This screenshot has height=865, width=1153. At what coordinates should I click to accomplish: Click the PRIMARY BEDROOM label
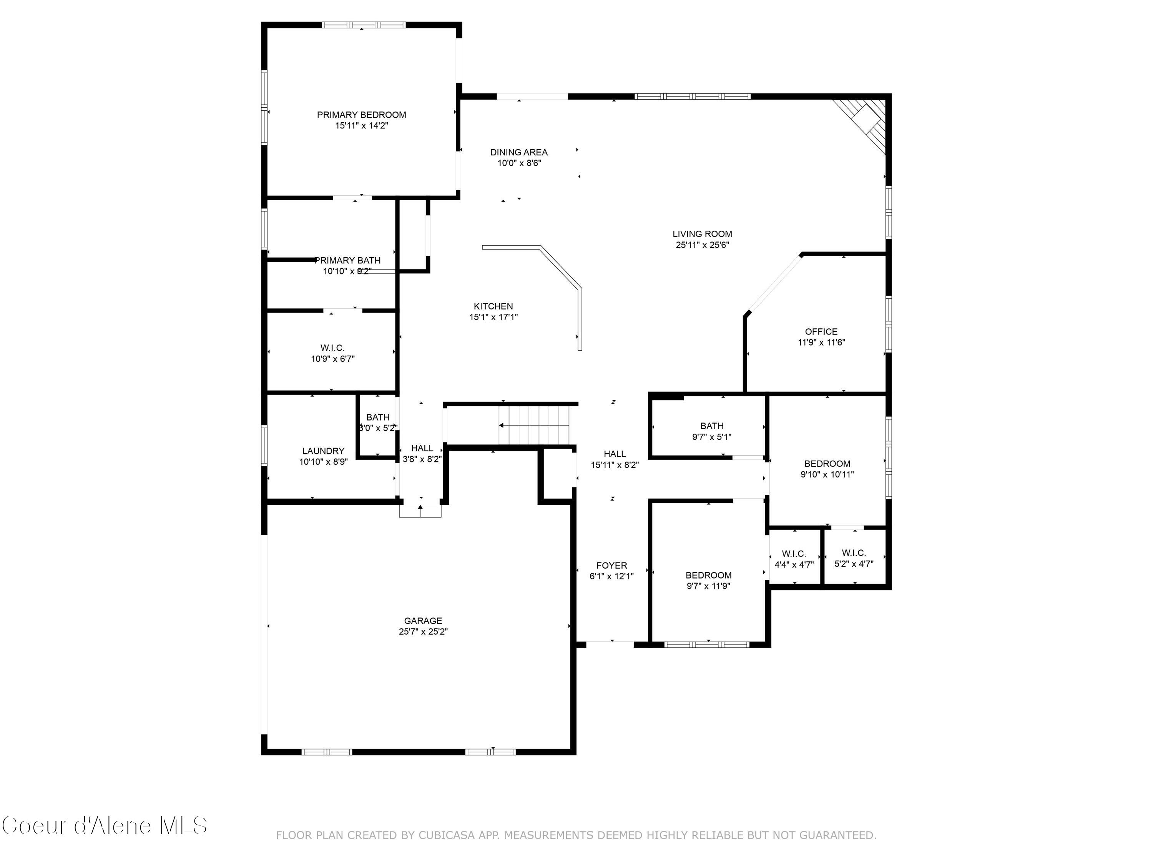pos(361,115)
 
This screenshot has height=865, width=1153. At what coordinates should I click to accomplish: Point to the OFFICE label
pos(821,332)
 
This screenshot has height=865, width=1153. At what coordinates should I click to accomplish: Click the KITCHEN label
pos(493,306)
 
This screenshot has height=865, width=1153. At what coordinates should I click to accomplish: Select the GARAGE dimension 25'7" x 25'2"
pos(423,631)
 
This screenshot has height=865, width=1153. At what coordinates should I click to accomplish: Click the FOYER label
pos(611,565)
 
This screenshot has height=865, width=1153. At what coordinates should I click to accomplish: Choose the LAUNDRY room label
pos(323,451)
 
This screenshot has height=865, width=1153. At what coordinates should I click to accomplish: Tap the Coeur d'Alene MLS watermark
pos(104,825)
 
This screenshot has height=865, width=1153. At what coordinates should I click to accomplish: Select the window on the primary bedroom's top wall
pos(363,25)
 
